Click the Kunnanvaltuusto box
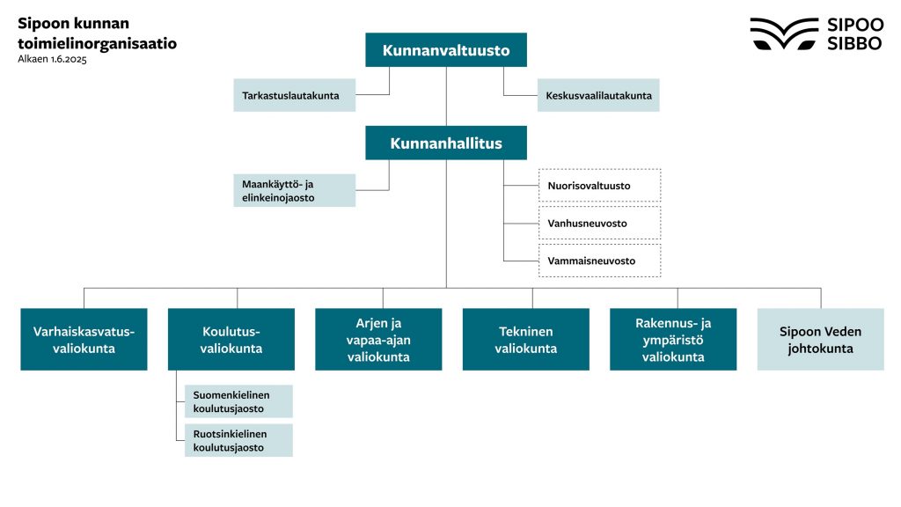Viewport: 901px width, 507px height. (x=446, y=50)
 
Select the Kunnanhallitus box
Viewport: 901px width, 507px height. (x=446, y=143)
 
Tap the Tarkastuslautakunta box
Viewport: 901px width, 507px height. (x=295, y=95)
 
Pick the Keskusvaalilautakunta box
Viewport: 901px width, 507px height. (x=598, y=95)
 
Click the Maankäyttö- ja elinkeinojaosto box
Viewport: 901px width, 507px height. (x=295, y=190)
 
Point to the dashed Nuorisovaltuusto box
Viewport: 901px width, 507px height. (x=599, y=186)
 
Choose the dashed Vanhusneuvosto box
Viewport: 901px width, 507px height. (x=599, y=224)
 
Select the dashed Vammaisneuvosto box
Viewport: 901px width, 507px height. (x=599, y=261)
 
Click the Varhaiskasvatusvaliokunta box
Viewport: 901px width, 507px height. (x=84, y=339)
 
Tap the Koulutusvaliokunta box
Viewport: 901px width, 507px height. (x=231, y=339)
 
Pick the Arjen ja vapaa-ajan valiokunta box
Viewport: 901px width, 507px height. (x=378, y=339)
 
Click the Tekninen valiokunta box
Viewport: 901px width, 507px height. (x=526, y=339)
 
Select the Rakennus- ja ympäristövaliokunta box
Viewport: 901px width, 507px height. (x=673, y=339)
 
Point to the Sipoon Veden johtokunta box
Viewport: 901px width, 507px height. (x=820, y=339)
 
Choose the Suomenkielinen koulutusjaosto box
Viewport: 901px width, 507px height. (x=238, y=401)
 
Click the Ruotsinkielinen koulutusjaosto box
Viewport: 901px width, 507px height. (x=238, y=440)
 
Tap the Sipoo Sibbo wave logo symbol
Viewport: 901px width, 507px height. (x=784, y=33)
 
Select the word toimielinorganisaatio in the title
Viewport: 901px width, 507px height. (x=97, y=42)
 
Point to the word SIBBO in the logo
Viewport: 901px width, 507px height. (x=854, y=44)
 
